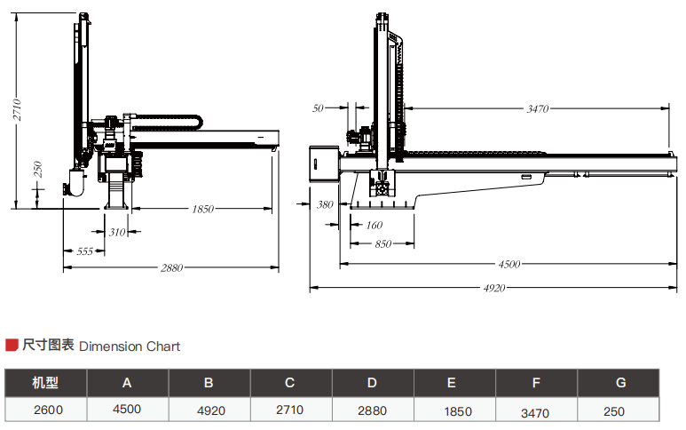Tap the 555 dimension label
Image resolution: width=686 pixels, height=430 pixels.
84,251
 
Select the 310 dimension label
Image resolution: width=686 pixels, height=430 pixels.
117,232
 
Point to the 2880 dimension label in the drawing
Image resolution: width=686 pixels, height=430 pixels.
171,267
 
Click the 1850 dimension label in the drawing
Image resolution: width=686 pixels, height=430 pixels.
202,210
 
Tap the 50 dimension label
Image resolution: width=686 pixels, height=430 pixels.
318,108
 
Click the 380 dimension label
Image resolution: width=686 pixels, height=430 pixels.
325,204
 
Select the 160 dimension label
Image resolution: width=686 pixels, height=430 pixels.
374,225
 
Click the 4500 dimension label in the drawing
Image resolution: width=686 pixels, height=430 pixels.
509,264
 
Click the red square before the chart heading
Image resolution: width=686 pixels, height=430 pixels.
12,346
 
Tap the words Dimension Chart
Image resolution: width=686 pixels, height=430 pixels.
130,346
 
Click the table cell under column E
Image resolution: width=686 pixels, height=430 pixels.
452,411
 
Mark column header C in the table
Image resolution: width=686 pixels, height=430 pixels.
289,383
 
